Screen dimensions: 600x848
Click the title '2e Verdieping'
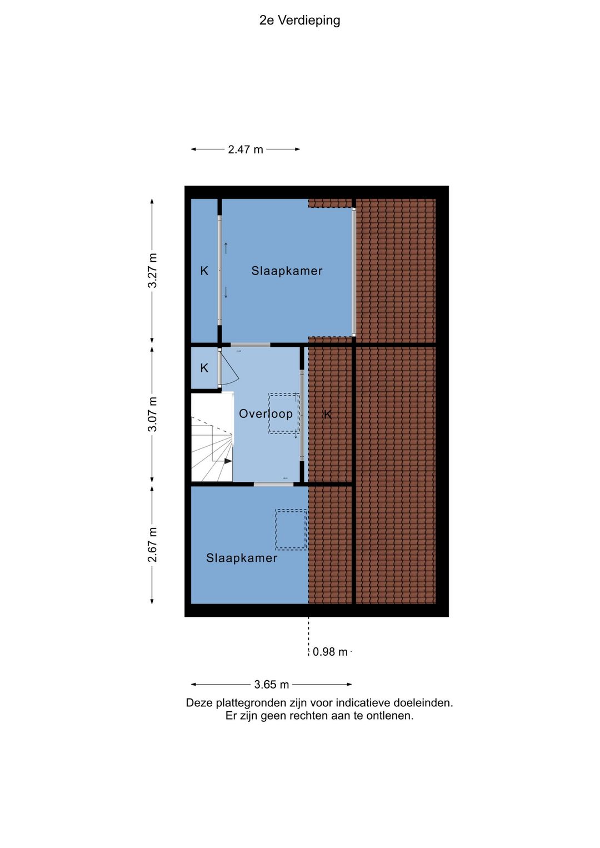coord(299,21)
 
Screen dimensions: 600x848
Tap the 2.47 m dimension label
coord(246,149)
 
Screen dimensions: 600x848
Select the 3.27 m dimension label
coord(152,271)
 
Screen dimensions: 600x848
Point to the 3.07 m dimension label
coord(152,414)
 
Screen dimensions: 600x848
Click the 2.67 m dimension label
coord(152,545)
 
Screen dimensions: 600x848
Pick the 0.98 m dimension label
coord(329,652)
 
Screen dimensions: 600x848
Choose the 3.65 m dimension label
coord(272,685)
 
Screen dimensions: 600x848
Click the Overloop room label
coord(266,413)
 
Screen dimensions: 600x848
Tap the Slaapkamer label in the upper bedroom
coord(287,271)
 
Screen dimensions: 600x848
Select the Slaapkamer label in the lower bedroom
coord(242,557)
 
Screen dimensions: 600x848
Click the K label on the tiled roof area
coord(327,414)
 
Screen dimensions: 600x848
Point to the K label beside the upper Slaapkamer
coord(204,271)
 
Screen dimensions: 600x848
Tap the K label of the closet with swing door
coord(204,368)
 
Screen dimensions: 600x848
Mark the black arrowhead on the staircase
coord(228,461)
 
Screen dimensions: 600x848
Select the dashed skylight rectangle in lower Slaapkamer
coord(291,530)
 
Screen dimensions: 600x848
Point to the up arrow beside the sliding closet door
coord(226,248)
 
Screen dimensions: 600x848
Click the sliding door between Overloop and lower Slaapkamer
coord(273,484)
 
